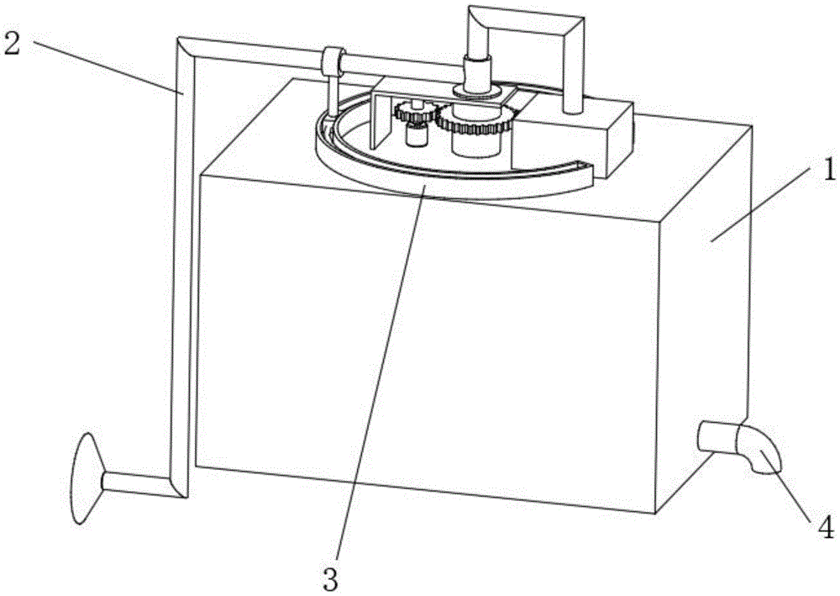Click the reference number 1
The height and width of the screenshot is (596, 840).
[828, 171]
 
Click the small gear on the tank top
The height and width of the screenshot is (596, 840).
[414, 111]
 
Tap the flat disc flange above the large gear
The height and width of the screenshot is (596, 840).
[475, 90]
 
